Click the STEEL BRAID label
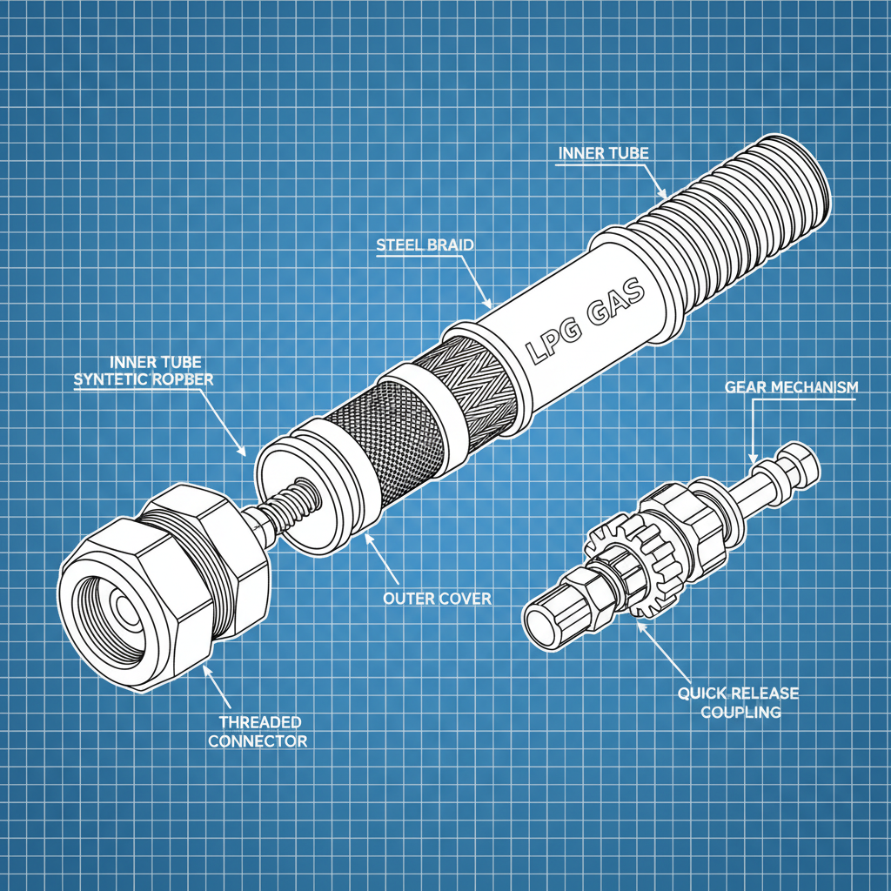(x=425, y=245)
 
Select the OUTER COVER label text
(x=437, y=599)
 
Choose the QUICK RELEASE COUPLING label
(x=737, y=701)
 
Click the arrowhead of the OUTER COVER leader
(x=369, y=539)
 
